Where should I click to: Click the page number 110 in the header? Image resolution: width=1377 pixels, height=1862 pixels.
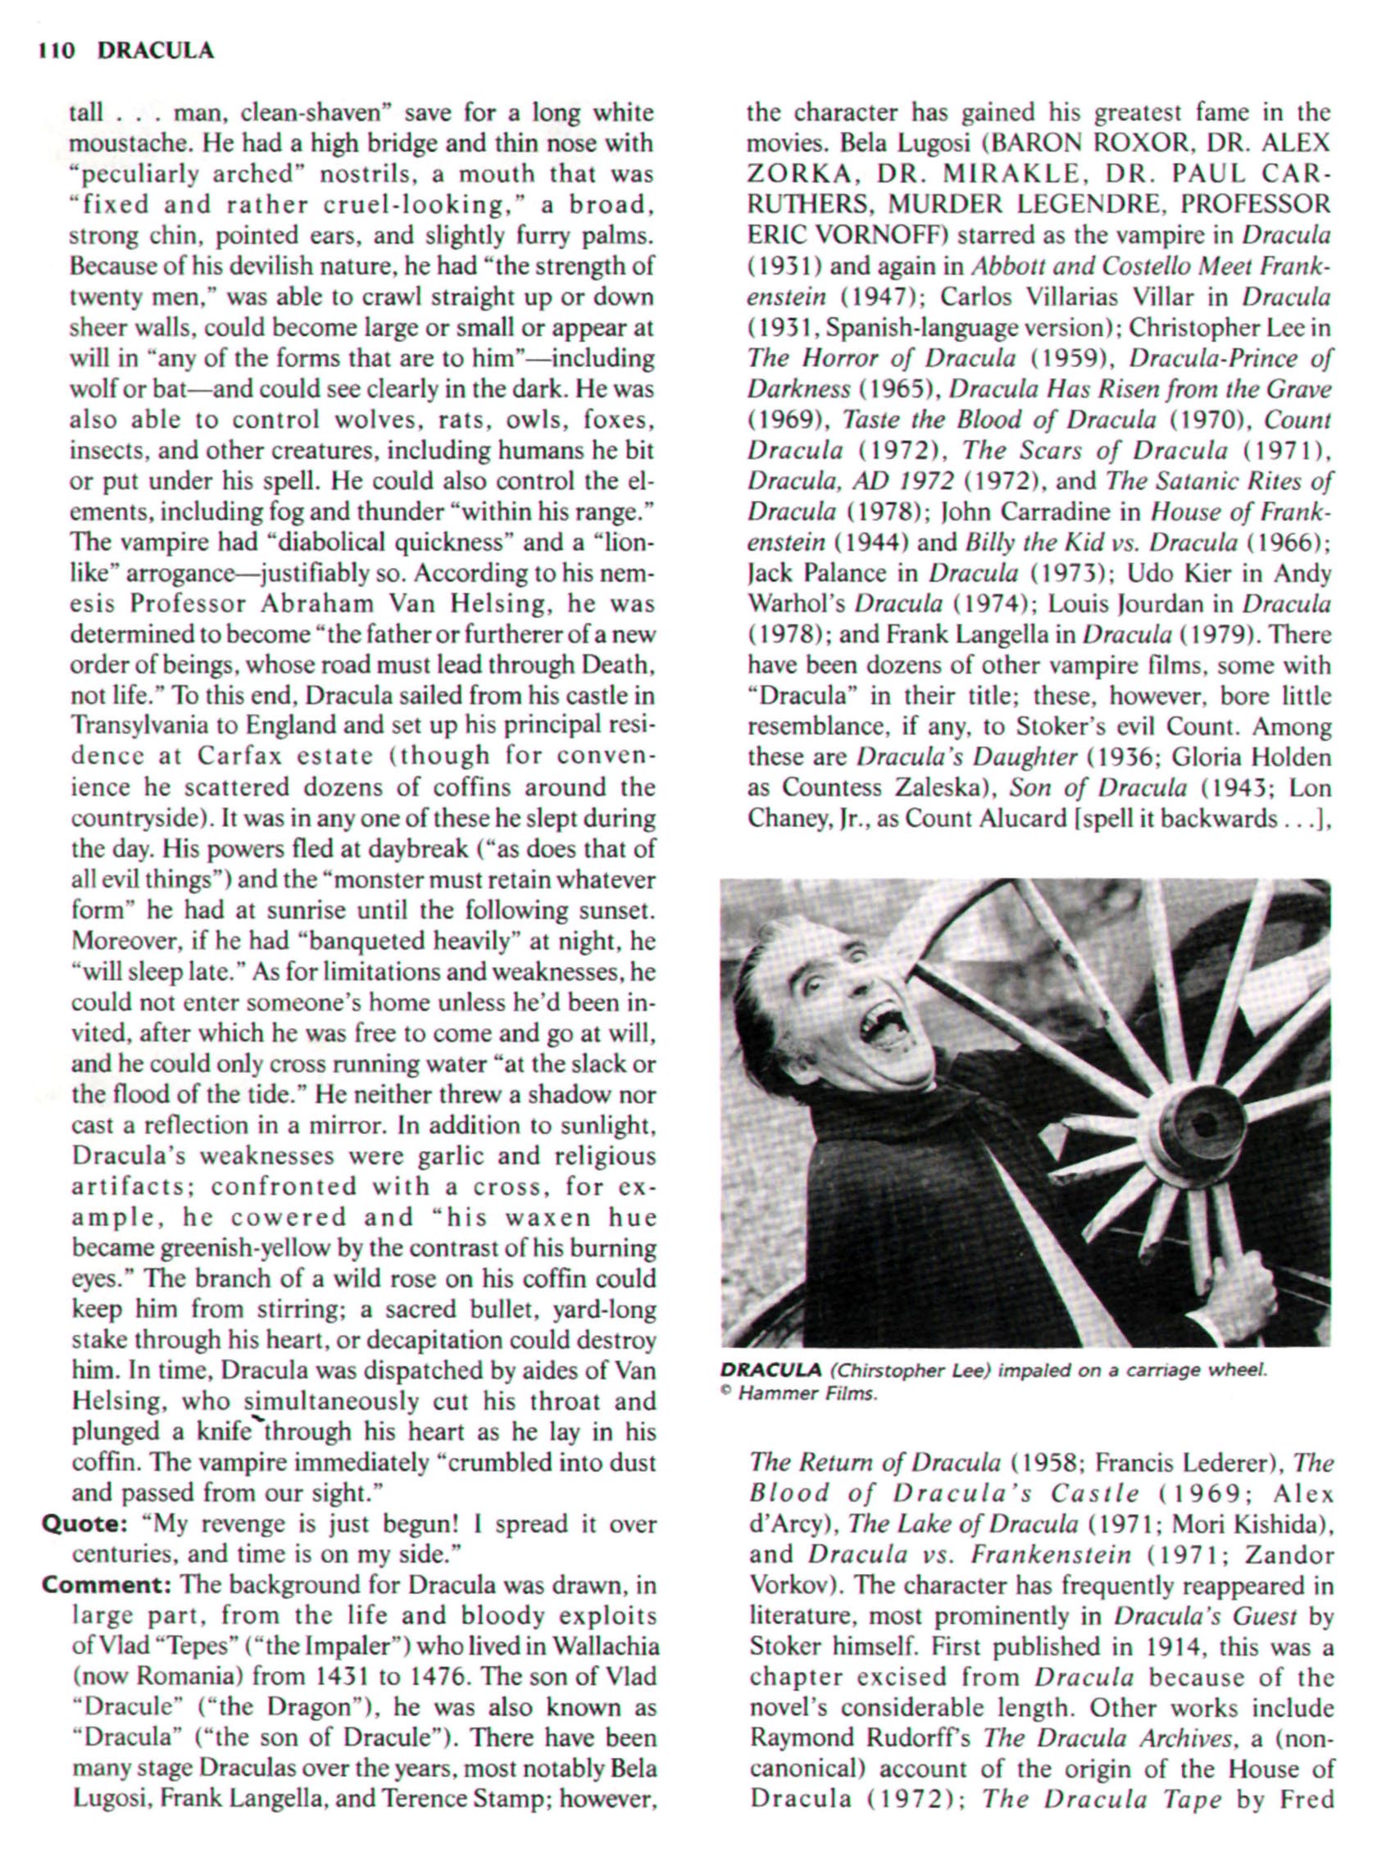57,52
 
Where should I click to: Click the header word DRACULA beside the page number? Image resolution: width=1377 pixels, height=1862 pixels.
156,52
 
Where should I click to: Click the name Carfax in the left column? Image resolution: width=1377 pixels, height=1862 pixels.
239,756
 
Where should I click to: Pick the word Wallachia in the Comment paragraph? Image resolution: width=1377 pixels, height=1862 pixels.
598,1647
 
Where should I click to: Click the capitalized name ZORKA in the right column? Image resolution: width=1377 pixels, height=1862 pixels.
788,174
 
